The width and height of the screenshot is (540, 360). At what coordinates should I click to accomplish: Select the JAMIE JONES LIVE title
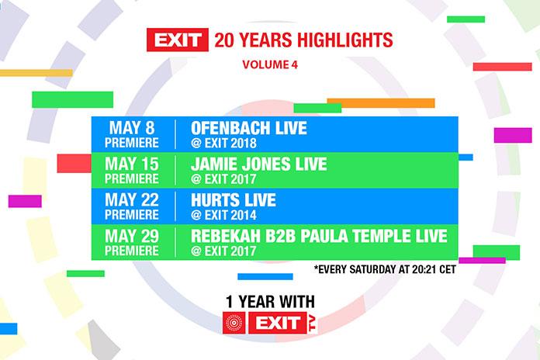coord(259,164)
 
